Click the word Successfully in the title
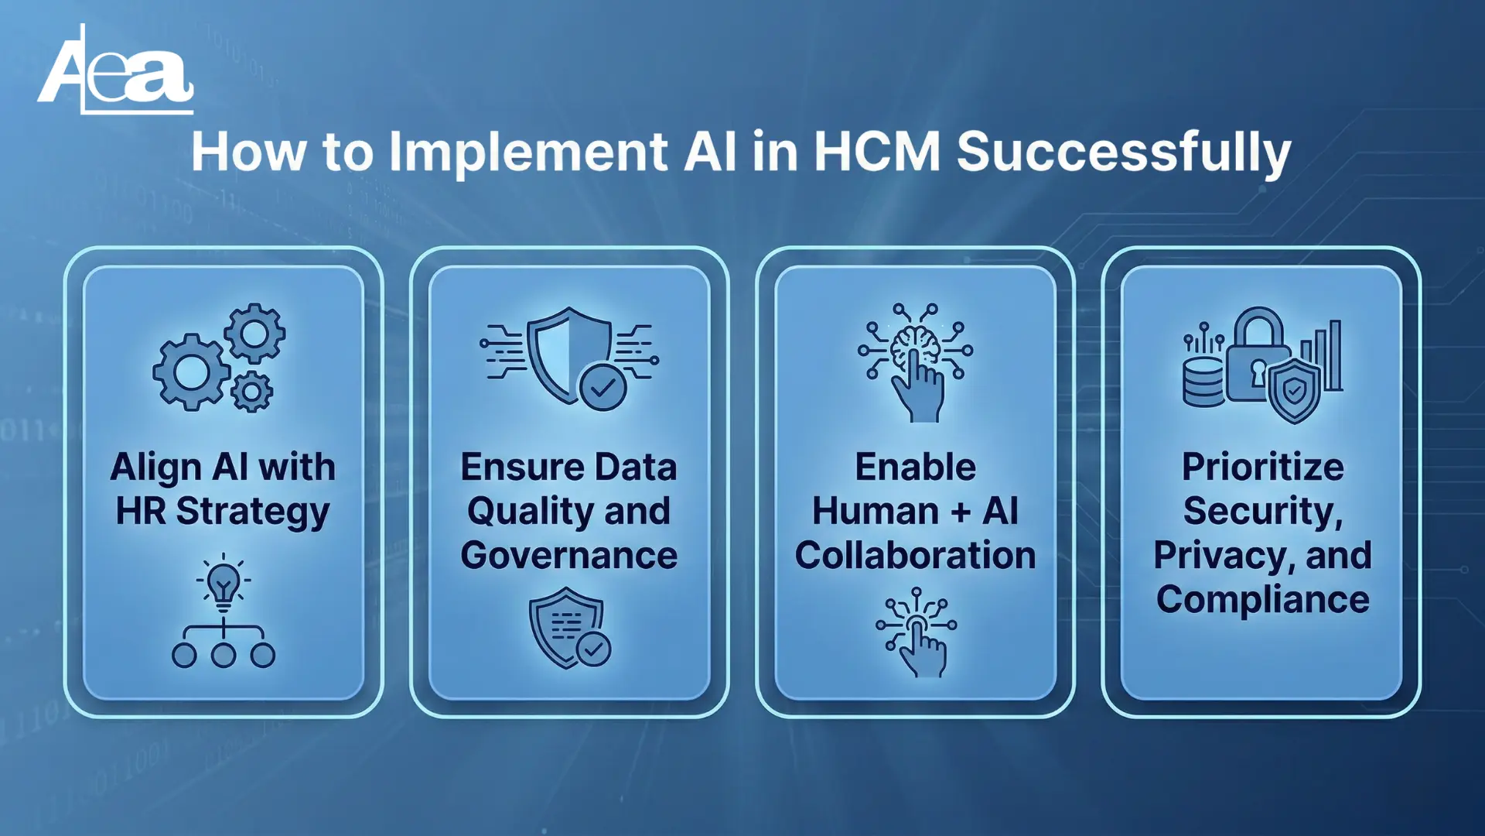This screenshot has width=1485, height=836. (1124, 153)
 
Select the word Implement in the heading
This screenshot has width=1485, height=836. (528, 153)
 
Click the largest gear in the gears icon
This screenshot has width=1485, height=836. (191, 372)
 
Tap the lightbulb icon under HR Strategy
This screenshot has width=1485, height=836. (224, 583)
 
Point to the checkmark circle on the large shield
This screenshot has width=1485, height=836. (603, 386)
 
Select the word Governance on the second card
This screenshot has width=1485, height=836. (569, 556)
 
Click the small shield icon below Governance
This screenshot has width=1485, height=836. (568, 628)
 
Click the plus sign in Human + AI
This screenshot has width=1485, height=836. (961, 512)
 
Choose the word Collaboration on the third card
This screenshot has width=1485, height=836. (915, 556)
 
